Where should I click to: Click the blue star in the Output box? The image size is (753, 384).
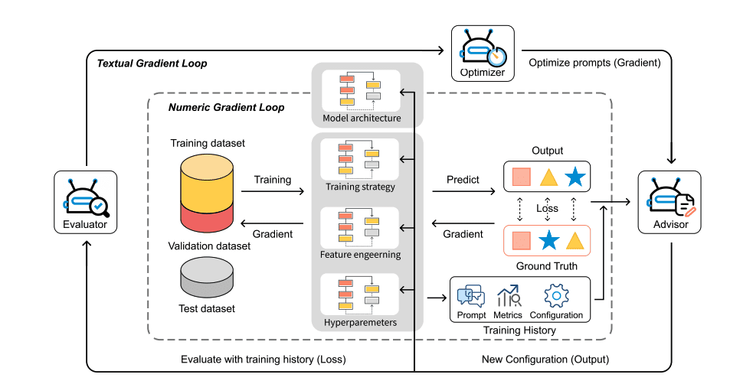click(575, 178)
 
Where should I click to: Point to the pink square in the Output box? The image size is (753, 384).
click(522, 178)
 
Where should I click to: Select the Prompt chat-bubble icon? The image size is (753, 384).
click(470, 297)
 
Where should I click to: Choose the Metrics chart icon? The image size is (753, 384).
click(509, 297)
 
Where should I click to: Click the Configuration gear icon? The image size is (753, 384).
click(555, 297)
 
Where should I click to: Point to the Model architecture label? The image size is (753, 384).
click(362, 119)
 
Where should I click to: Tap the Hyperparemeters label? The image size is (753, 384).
click(360, 323)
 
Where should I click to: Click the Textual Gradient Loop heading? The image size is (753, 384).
click(152, 63)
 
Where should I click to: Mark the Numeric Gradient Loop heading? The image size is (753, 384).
click(226, 108)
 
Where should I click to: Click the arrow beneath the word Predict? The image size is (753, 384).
click(463, 193)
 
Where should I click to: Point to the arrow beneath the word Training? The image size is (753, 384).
click(272, 193)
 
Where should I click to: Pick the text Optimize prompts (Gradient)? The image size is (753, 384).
click(594, 63)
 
